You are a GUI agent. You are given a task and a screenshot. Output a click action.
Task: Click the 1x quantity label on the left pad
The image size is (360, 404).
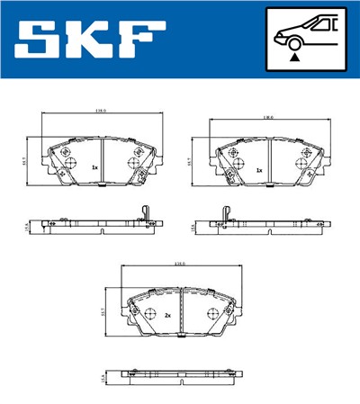94,167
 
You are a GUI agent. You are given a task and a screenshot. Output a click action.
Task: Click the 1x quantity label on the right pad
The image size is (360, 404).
259,169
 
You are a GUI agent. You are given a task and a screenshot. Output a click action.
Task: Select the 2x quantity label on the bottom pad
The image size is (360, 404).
167,316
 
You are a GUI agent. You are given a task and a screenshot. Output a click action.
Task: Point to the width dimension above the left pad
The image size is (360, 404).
101,112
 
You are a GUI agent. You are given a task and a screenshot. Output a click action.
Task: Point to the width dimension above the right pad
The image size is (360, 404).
267,118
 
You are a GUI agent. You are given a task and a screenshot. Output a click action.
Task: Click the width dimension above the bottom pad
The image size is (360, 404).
180,264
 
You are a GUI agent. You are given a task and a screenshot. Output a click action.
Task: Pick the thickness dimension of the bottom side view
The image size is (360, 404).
103,378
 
